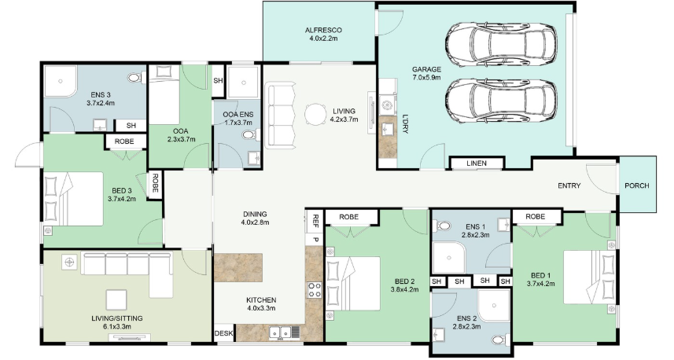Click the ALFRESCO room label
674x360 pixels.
[323, 30]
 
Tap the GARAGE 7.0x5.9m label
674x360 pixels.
[426, 73]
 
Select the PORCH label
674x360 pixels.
[637, 186]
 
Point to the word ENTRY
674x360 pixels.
[569, 186]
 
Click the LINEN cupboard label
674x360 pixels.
[477, 163]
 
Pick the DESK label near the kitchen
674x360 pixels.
[223, 333]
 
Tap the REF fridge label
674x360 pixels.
[315, 220]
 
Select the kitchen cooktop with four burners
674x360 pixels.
[315, 289]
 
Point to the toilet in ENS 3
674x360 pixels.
[136, 78]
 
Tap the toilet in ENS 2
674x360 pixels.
[501, 340]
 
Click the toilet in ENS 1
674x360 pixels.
[442, 226]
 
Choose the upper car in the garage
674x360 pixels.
[501, 45]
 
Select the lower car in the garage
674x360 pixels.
[501, 101]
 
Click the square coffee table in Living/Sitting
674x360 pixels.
[116, 299]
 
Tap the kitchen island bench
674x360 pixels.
[238, 267]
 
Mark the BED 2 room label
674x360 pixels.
[404, 285]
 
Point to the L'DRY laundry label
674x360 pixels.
[405, 123]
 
